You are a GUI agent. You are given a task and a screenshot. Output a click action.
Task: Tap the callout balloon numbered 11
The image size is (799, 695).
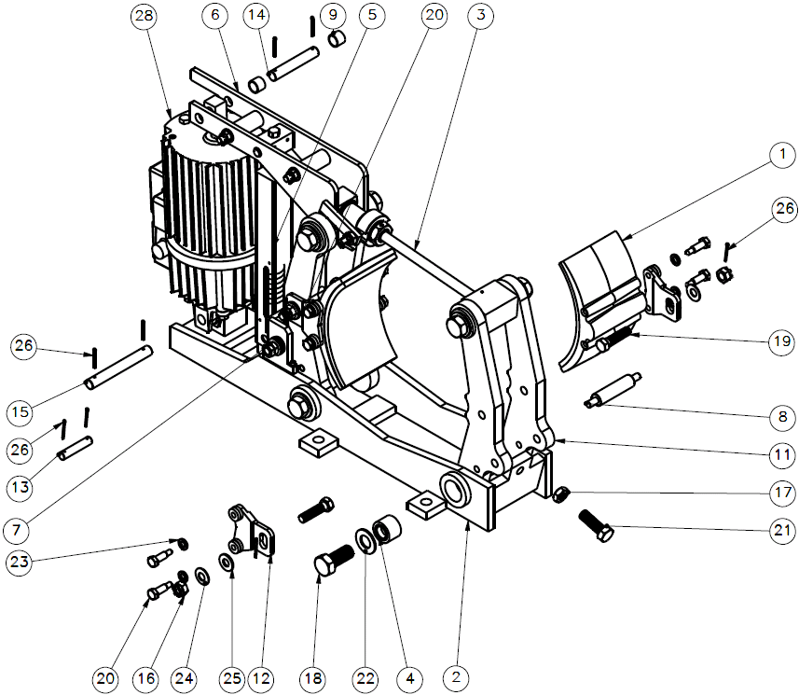tap(783, 456)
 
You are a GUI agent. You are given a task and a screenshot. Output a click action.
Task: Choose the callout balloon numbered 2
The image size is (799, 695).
tap(461, 674)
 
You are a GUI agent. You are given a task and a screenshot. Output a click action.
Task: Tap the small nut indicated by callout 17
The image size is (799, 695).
tap(561, 494)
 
